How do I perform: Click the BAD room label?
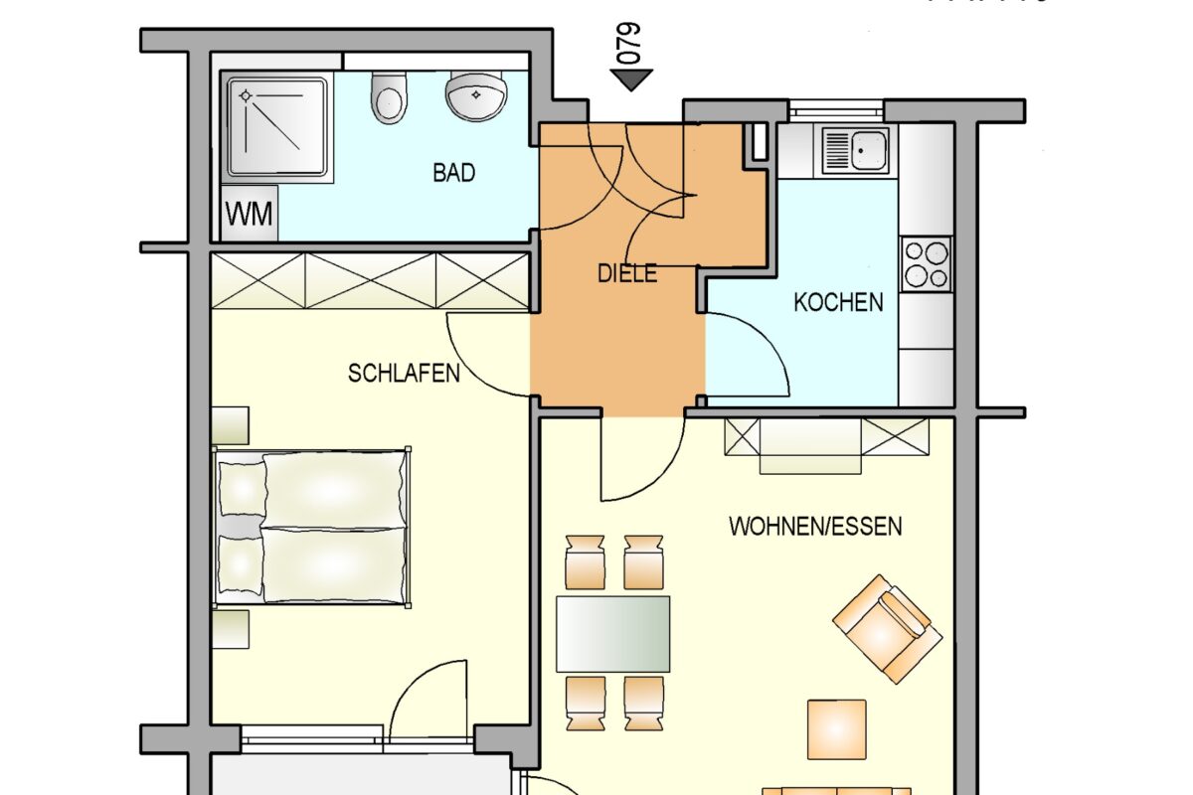coord(453,173)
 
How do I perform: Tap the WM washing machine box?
coord(250,214)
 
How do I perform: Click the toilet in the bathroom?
coord(388,97)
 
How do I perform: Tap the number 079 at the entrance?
coord(629,44)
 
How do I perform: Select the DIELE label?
coord(627,274)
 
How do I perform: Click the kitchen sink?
coord(856,149)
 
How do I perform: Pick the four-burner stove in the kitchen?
coord(926,262)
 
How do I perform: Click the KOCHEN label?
coord(838,302)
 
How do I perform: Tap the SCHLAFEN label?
coord(404,374)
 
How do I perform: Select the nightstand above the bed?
coord(231,424)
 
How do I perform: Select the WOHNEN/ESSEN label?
coord(815,527)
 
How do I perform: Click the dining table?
coord(612,634)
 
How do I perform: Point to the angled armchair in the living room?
coord(887,628)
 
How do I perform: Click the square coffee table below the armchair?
coord(836,729)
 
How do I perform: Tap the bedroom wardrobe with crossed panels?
coord(370,279)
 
